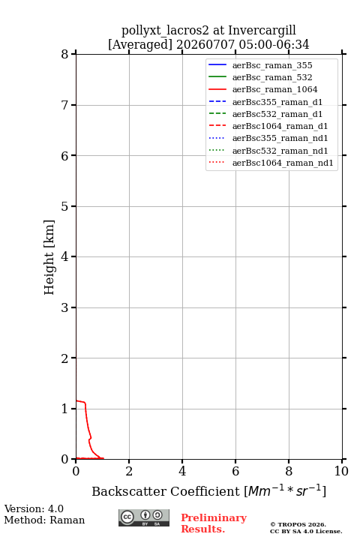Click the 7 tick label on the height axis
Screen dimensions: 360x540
pyautogui.click(x=64, y=105)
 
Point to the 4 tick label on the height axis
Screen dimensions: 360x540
pyautogui.click(x=64, y=256)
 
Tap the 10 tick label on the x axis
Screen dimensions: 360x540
pyautogui.click(x=341, y=471)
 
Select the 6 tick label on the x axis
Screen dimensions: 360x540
pyautogui.click(x=235, y=471)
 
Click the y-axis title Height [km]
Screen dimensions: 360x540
pyautogui.click(x=49, y=257)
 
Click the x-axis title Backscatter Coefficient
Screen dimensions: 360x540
pyautogui.click(x=165, y=491)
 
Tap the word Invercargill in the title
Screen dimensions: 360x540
pyautogui.click(x=262, y=31)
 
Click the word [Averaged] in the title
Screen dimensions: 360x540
pyautogui.click(x=140, y=45)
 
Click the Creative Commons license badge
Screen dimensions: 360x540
pyautogui.click(x=144, y=517)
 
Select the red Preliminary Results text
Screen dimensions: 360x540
pyautogui.click(x=214, y=523)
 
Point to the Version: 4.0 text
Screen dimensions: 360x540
pyautogui.click(x=34, y=508)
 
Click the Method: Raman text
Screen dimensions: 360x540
pyautogui.click(x=44, y=520)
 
